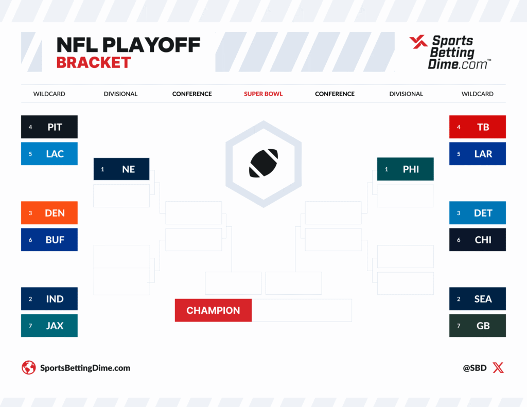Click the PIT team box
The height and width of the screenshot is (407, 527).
pos(49,127)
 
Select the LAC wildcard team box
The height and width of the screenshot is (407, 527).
pos(49,154)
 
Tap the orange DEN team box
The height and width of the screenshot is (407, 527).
pos(49,213)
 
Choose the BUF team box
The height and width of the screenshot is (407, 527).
pos(49,240)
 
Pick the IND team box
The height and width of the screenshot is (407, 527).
pos(49,299)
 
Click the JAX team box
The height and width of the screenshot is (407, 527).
pos(49,326)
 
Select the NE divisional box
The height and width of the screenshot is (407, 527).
pos(121,169)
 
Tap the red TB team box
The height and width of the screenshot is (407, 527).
pos(478,127)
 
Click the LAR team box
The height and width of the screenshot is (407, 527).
pos(478,154)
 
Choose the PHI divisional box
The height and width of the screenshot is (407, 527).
pos(406,169)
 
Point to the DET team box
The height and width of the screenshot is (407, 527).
pos(478,213)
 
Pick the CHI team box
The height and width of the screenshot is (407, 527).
pos(478,240)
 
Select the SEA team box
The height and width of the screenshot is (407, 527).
pos(478,299)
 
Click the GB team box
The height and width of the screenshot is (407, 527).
pos(478,326)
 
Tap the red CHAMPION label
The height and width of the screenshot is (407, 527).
pos(213,310)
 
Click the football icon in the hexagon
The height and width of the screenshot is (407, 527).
pos(263,163)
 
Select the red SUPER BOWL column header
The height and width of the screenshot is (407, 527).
pos(263,94)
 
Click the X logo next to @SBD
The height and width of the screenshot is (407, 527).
pos(498,368)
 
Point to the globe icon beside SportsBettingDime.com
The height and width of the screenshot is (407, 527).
pos(28,368)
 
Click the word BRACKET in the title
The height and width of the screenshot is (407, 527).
pos(94,63)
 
